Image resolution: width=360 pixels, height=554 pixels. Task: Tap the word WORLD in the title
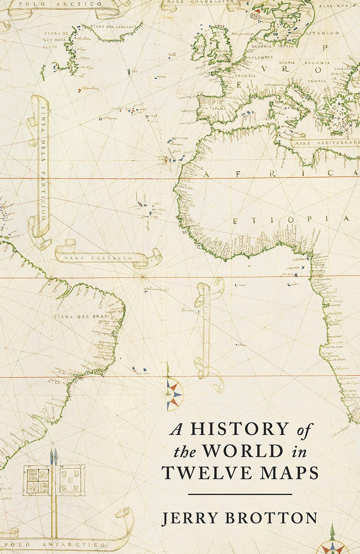pos(237,451)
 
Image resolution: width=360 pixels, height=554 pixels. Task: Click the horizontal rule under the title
pos(239,494)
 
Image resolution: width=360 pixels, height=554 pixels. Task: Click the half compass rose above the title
pos(174,394)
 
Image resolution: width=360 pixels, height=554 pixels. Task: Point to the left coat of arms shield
pos(37,480)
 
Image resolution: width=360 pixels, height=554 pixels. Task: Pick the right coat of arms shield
pos(71,479)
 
